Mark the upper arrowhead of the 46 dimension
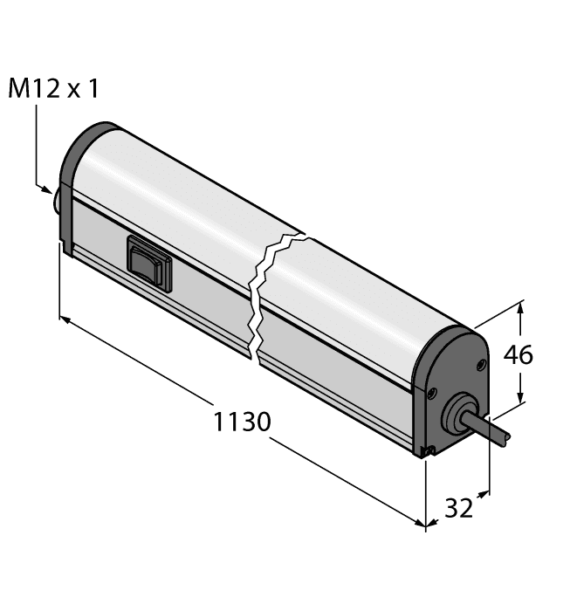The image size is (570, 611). pyautogui.click(x=522, y=306)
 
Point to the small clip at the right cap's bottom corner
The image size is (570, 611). pyautogui.click(x=427, y=450)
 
